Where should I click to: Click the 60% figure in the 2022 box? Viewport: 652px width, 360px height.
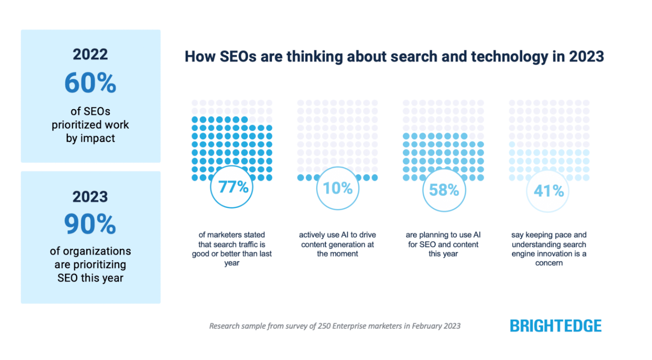coord(90,83)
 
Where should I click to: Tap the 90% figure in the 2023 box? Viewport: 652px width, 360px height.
coord(90,224)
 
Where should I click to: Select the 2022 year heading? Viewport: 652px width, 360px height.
coord(90,55)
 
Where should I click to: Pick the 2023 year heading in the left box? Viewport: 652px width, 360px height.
coord(90,197)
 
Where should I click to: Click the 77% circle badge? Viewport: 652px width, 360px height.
coord(232,187)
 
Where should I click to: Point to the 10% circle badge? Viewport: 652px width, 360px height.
coord(337,188)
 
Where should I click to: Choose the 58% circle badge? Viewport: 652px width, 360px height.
coord(444,190)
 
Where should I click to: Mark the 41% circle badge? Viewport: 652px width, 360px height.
coord(548,191)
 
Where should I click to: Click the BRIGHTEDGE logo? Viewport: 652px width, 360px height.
coord(555,326)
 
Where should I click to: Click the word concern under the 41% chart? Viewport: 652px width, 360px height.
coord(549,263)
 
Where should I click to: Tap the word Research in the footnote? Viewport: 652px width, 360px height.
coord(224,326)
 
